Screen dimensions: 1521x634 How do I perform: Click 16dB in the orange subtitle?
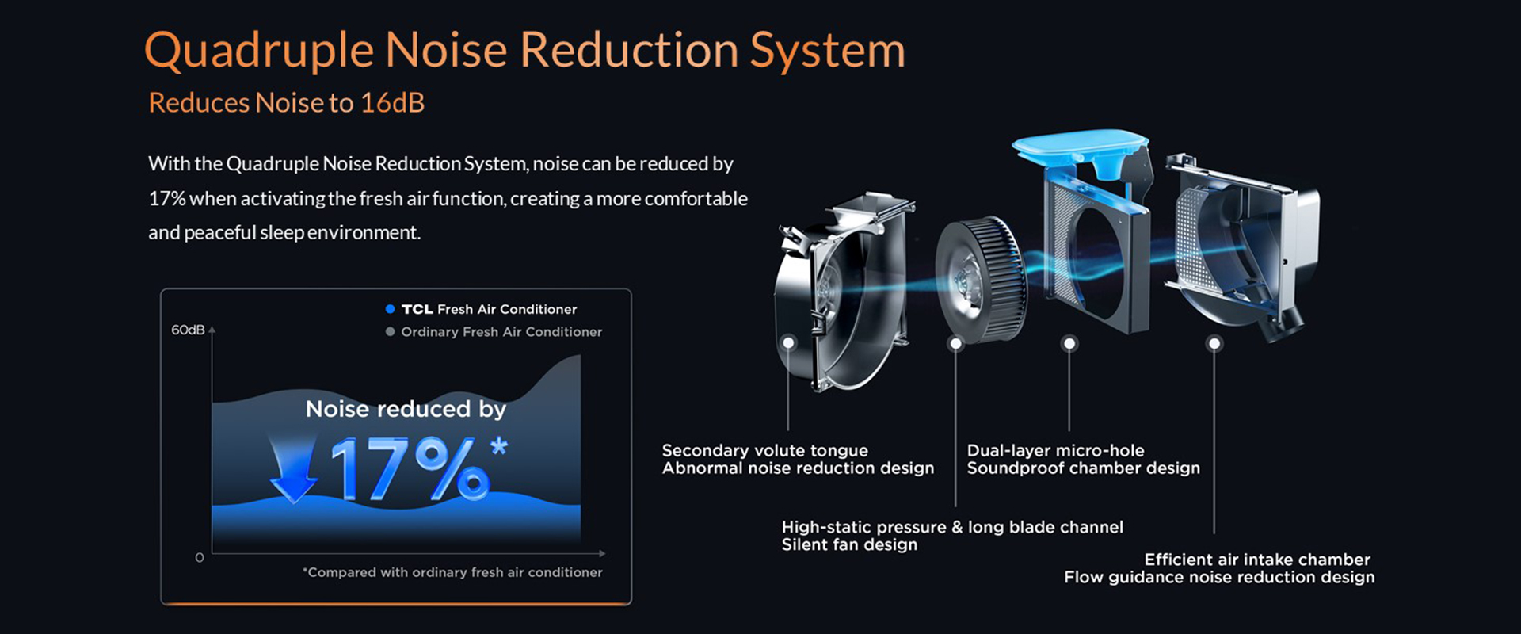[392, 103]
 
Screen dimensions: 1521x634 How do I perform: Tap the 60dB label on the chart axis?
[188, 330]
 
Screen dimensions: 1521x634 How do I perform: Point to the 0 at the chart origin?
[200, 558]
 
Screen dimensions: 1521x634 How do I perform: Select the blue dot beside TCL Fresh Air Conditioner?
[390, 309]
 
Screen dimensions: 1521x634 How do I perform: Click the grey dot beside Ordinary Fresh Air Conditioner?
[390, 332]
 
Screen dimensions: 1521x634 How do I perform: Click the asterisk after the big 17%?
[499, 446]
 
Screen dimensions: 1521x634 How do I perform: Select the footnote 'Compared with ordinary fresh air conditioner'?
[452, 572]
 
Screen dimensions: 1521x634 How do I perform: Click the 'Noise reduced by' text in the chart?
[406, 409]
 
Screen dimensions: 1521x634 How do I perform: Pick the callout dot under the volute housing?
[788, 343]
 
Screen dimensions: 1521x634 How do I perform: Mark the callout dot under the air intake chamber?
[1214, 343]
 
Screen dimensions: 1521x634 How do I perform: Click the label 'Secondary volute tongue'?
[765, 450]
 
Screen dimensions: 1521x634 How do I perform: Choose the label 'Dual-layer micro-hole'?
[1056, 450]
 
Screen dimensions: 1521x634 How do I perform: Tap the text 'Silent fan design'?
[850, 544]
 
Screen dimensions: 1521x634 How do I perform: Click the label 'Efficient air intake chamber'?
[1257, 560]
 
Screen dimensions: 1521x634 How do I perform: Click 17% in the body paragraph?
[166, 198]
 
